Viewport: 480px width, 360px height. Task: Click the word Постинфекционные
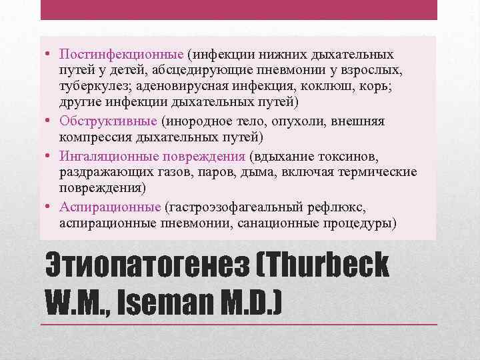pyautogui.click(x=121, y=53)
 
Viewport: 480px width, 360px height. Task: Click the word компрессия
pyautogui.click(x=94, y=137)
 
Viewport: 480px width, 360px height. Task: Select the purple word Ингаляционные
pyautogui.click(x=108, y=156)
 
